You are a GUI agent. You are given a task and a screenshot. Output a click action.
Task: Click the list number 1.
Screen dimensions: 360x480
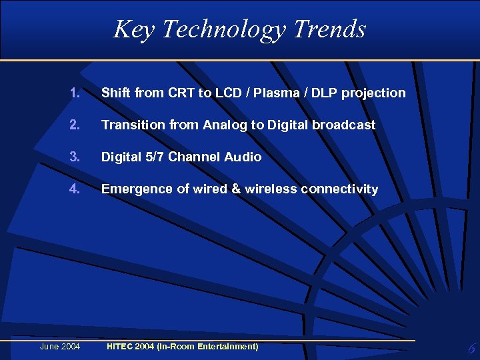coord(74,93)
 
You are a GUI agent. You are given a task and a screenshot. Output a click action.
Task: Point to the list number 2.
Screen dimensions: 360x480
coord(74,125)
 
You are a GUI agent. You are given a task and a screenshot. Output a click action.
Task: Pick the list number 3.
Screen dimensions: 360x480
coord(74,157)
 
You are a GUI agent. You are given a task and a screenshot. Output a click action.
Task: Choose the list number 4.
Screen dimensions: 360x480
coord(74,189)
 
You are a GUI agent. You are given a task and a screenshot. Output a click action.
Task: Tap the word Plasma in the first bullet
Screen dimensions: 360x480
coord(275,93)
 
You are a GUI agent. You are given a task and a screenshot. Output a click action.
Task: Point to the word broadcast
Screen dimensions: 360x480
coord(345,125)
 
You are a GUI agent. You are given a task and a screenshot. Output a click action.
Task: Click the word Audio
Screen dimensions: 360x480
coord(243,157)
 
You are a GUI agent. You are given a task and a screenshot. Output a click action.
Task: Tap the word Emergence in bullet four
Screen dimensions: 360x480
coord(137,189)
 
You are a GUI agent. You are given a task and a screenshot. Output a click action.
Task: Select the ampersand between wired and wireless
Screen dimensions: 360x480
coord(236,189)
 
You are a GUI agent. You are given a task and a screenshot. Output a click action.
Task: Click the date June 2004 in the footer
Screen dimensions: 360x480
coord(60,347)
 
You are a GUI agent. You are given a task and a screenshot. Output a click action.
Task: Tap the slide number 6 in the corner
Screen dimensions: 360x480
coord(471,349)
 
